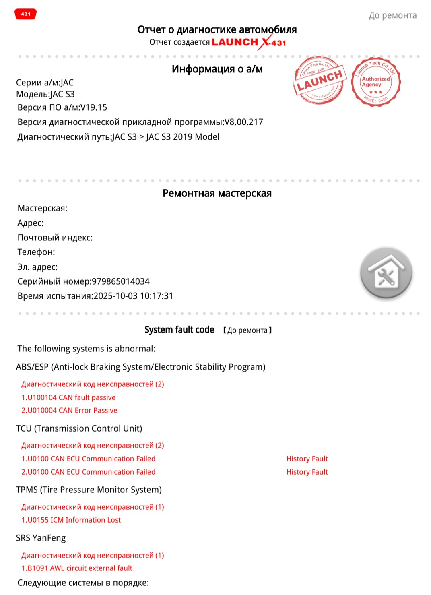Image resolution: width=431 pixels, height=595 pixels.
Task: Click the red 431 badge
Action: point(26,14)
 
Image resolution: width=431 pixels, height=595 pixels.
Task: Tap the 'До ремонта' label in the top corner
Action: point(392,16)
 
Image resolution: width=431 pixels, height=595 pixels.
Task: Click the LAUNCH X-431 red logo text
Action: point(249,42)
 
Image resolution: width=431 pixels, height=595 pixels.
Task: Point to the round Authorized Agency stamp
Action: point(375,82)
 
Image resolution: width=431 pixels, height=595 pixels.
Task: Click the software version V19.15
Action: point(94,107)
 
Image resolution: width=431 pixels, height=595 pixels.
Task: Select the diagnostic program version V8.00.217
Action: point(243,122)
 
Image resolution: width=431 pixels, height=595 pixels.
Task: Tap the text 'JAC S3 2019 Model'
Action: point(183,137)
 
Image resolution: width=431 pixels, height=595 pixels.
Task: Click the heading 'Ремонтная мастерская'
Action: point(217,194)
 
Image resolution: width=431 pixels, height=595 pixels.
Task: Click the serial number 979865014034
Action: point(121,281)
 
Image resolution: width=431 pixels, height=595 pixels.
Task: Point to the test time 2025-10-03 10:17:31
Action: point(133,296)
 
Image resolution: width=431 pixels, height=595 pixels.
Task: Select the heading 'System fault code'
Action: point(179,330)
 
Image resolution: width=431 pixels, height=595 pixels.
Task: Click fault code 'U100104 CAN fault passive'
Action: point(71,397)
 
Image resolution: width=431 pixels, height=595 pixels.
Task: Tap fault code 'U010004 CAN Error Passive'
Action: point(72,410)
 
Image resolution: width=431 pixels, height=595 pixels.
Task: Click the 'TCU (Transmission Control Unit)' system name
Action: point(79,428)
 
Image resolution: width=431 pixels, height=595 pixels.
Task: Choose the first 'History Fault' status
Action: point(307,459)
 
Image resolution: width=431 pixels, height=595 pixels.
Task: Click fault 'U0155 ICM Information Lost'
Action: point(74,520)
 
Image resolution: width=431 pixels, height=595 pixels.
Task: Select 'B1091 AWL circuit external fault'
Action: point(79,568)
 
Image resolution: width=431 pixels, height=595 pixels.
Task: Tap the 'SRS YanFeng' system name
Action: point(41,538)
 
